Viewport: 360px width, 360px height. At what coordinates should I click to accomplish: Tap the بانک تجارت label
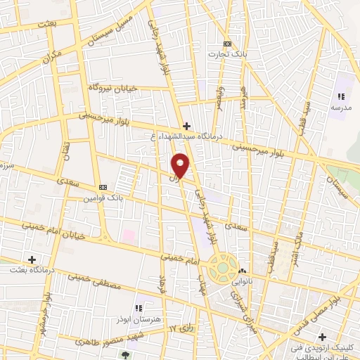(x=226, y=53)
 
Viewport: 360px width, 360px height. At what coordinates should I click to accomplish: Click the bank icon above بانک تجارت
(x=226, y=43)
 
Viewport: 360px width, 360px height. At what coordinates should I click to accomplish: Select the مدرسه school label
(x=341, y=108)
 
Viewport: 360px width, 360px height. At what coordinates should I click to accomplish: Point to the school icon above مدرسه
(x=341, y=97)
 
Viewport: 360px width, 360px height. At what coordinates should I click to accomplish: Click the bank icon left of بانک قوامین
(x=103, y=187)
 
